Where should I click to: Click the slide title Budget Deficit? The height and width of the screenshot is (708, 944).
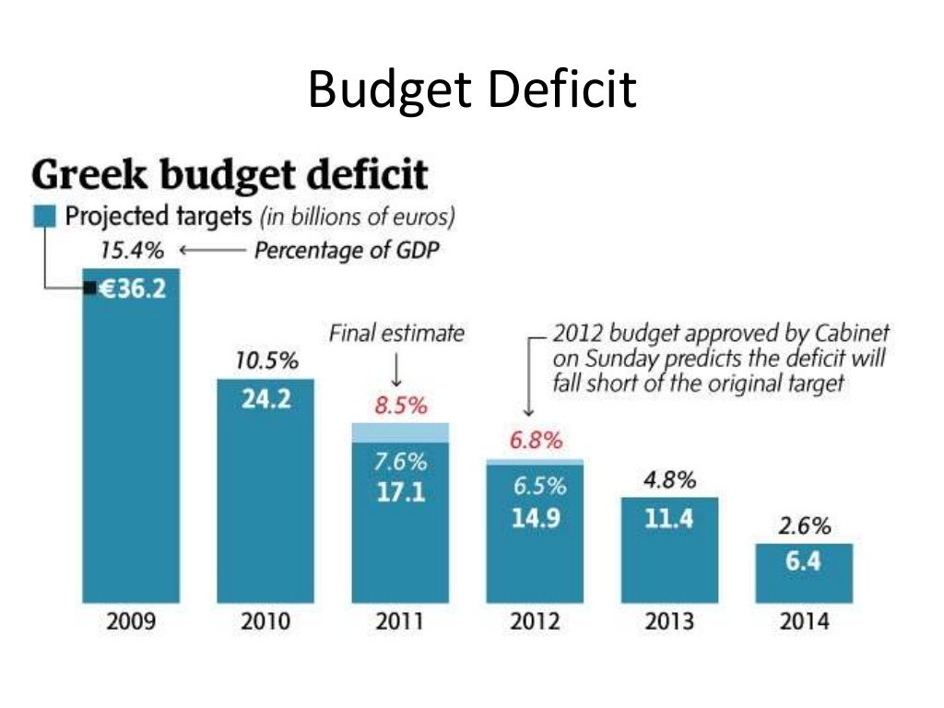[471, 89]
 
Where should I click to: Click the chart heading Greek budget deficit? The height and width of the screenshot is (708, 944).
[230, 175]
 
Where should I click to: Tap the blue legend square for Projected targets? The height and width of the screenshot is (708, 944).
[44, 218]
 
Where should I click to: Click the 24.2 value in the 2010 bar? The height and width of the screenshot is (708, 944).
[264, 401]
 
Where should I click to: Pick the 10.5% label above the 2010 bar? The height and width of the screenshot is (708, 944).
[265, 361]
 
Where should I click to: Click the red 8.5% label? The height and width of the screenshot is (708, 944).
[399, 405]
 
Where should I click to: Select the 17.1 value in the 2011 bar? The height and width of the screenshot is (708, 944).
[399, 492]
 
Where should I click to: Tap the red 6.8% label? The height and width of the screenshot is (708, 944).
[535, 441]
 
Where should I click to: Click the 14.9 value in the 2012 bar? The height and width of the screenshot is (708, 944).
[535, 517]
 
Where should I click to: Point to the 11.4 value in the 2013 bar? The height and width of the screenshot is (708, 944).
[669, 518]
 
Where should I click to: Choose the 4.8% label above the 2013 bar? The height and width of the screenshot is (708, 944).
[669, 480]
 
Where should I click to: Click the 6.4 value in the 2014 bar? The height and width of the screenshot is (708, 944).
[804, 560]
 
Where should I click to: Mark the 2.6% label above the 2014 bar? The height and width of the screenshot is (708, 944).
[804, 526]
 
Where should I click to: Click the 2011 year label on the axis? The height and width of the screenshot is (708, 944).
[399, 620]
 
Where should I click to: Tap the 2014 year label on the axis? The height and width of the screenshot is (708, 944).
[804, 620]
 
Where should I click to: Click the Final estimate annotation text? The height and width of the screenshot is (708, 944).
[397, 333]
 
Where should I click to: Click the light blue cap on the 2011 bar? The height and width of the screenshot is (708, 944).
[399, 432]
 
